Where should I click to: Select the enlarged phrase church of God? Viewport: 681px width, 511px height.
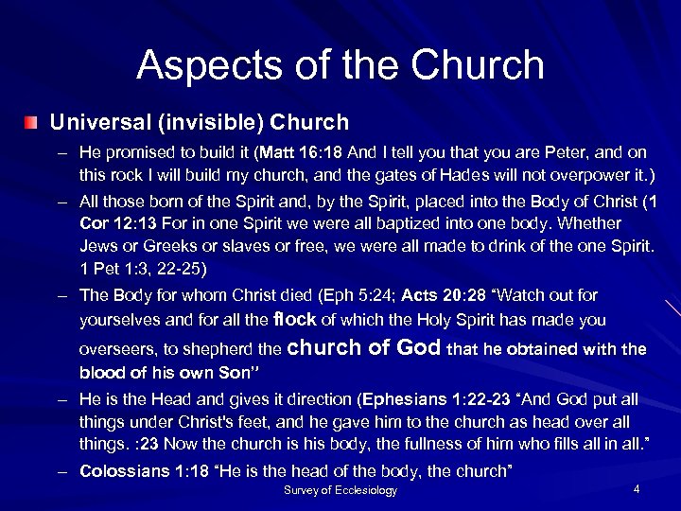363,347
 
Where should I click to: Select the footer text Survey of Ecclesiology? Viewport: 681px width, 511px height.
340,490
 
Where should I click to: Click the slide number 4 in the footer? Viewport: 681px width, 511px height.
637,488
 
